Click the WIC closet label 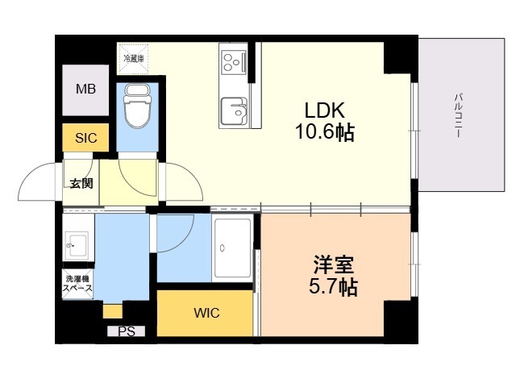point(206,313)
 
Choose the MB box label point(86,89)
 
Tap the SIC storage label point(86,138)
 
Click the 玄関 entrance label point(81,183)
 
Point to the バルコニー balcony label point(458,115)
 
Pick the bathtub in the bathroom point(234,248)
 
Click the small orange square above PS point(112,311)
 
